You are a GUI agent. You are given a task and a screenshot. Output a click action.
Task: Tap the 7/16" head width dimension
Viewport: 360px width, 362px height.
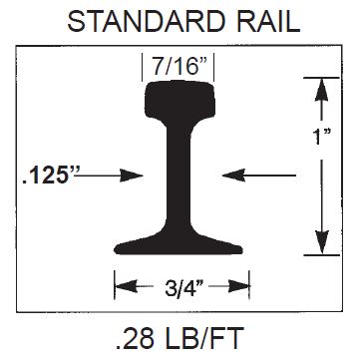click(178, 67)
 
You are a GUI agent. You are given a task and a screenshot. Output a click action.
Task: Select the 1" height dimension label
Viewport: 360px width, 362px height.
click(321, 136)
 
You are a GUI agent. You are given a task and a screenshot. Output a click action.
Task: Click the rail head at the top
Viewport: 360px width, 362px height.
click(180, 100)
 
